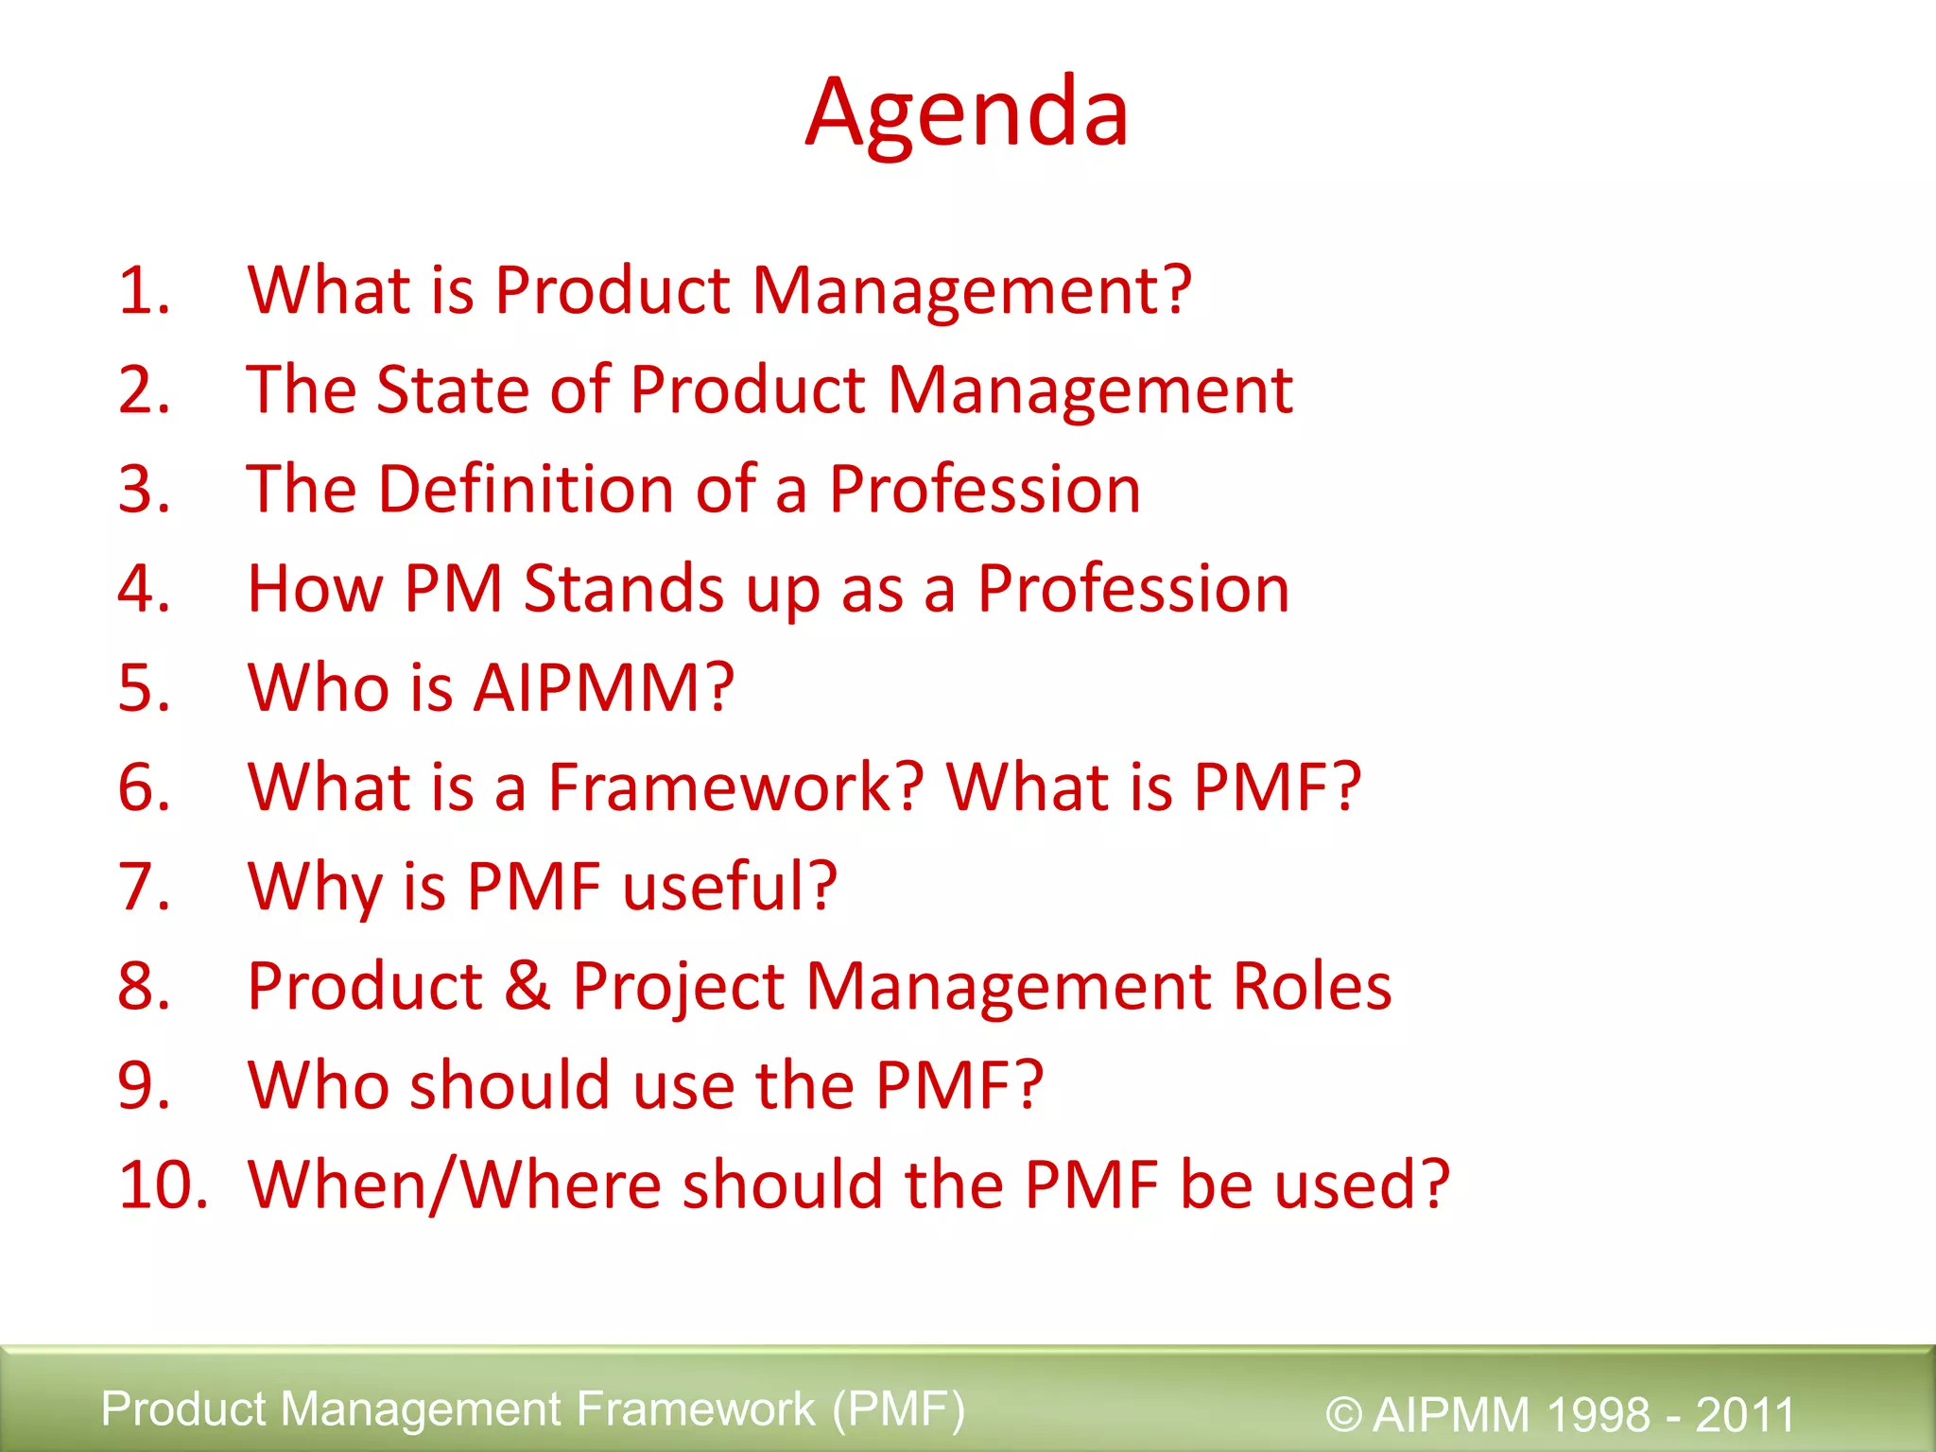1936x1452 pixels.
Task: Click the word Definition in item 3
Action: point(526,489)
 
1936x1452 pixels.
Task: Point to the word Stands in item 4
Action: point(624,588)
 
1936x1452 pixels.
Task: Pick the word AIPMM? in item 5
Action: point(603,687)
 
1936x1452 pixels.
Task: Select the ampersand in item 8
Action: point(527,986)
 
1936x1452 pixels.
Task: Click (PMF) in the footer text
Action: point(898,1409)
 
